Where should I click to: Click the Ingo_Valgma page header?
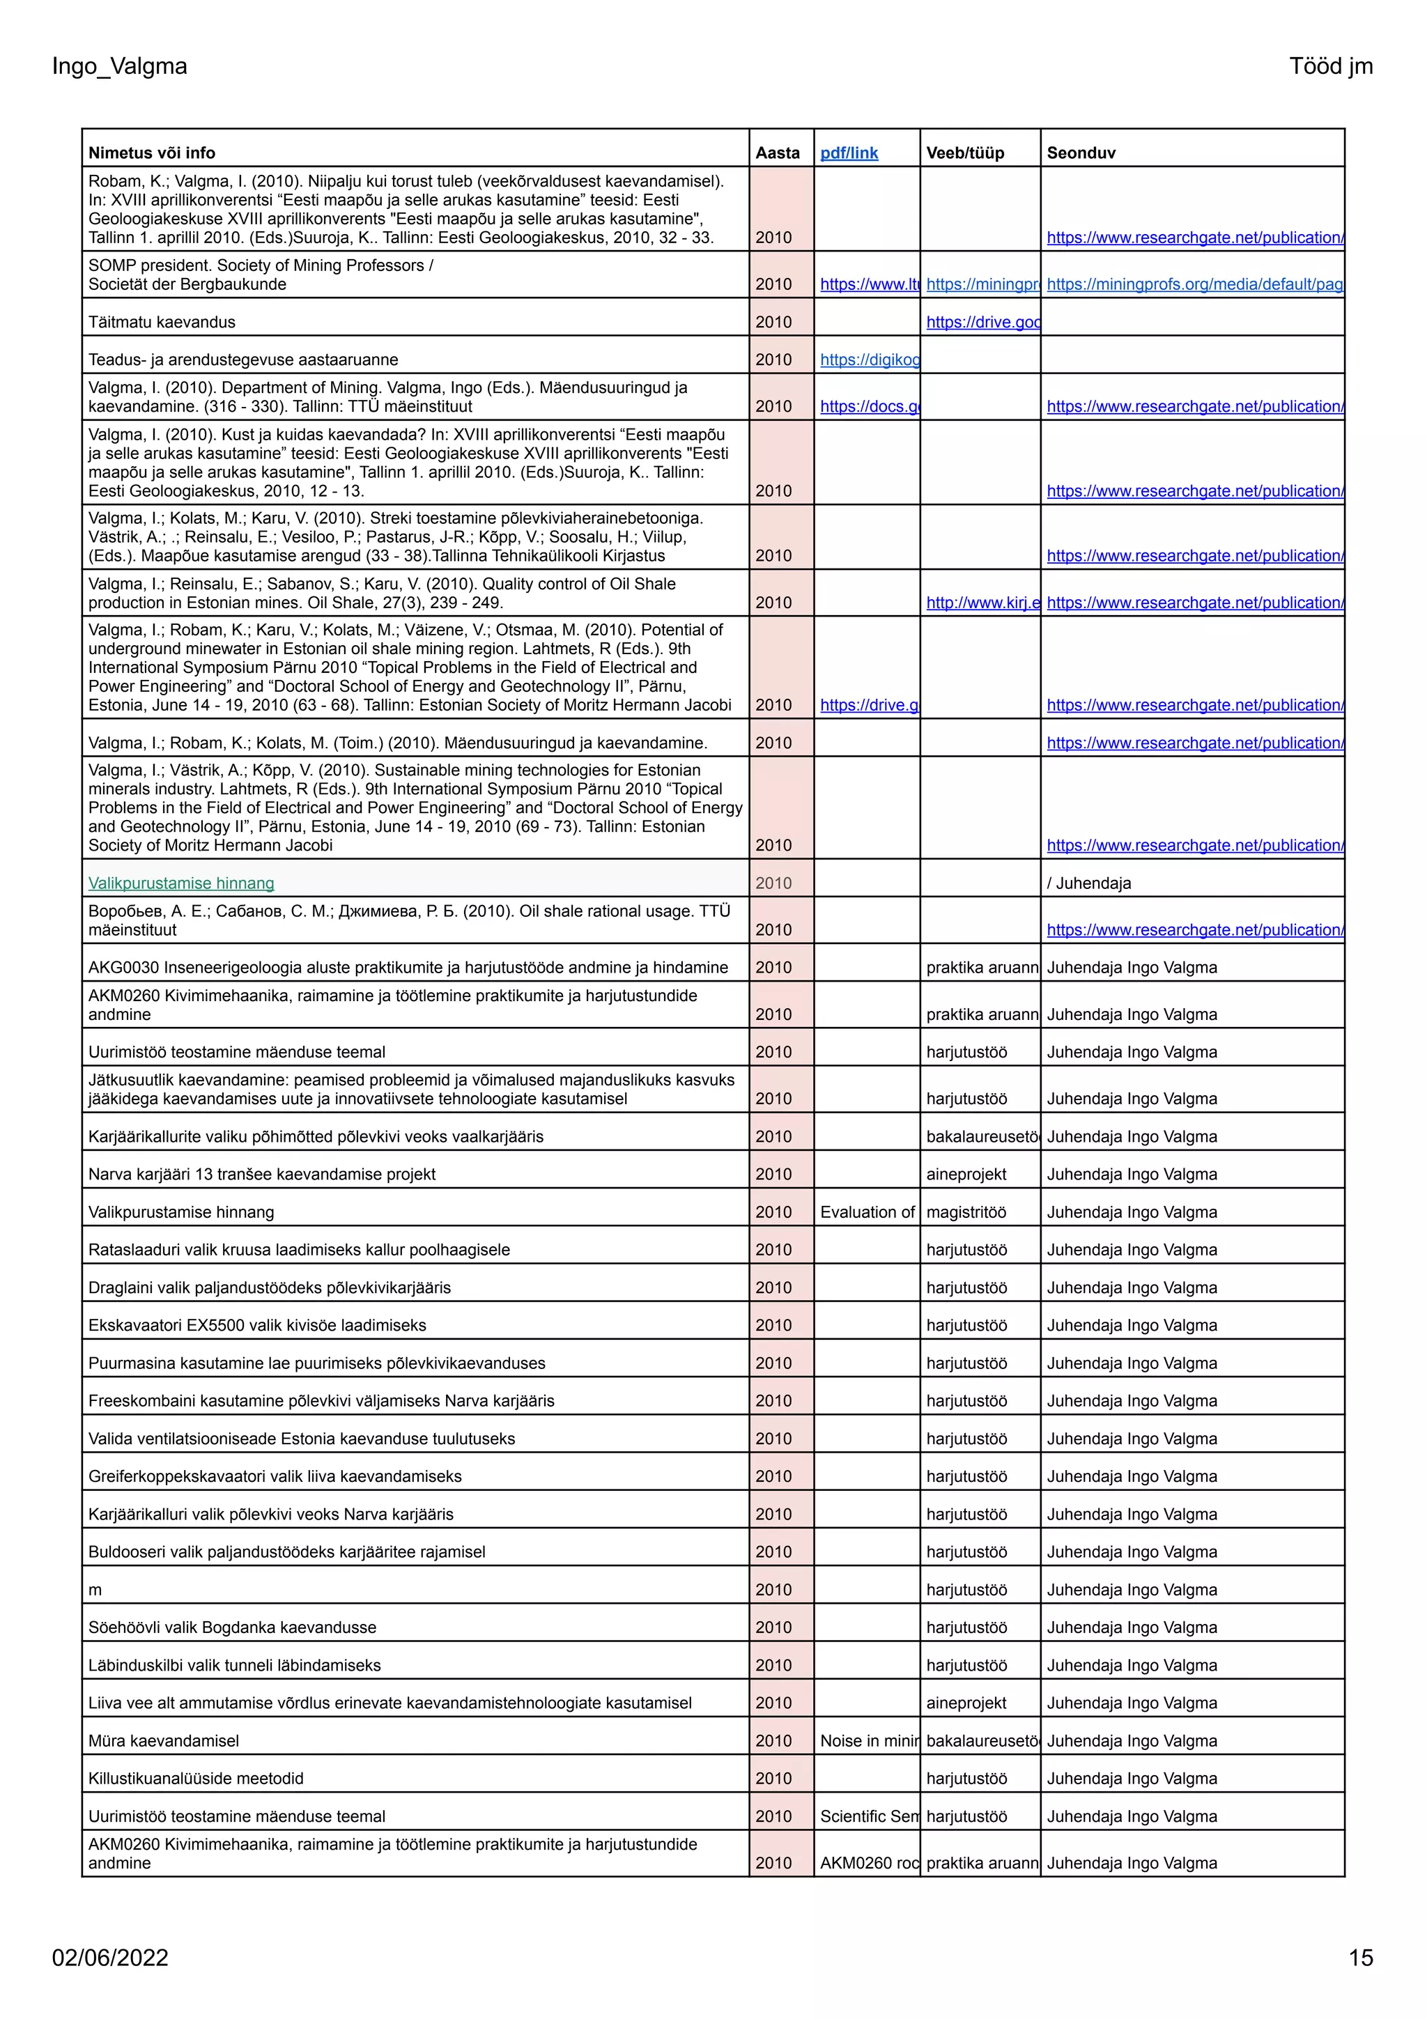120,66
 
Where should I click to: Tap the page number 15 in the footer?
1359,1958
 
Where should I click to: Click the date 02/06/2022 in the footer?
110,1958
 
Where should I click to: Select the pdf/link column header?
849,153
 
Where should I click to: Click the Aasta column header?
777,153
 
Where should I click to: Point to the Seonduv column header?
1081,153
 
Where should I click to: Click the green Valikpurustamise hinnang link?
181,883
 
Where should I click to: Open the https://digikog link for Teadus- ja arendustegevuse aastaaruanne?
870,359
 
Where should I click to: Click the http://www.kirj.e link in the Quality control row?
982,603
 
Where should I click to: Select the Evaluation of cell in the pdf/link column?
867,1212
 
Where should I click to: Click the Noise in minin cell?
867,1740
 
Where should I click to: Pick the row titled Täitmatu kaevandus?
162,322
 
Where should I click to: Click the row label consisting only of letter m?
95,1590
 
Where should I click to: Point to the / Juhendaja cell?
1088,883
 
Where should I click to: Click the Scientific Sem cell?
867,1816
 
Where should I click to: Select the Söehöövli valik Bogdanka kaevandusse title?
232,1627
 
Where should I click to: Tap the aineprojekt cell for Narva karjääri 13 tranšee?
966,1174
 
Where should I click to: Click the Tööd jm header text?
1330,66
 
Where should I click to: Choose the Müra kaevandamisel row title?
164,1740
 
